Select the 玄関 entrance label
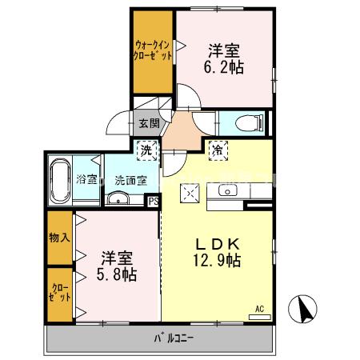(149, 124)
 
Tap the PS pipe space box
(152, 202)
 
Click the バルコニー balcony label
(174, 338)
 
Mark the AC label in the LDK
(259, 307)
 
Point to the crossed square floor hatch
(192, 192)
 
